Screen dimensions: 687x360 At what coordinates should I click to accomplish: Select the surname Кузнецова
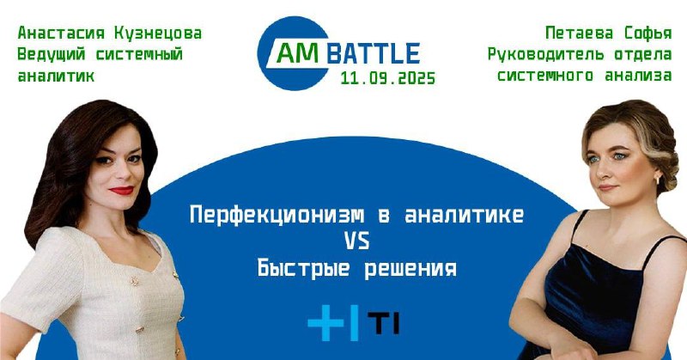158,34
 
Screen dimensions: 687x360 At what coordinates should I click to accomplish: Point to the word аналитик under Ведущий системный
56,76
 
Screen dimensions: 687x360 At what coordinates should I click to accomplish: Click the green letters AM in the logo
298,53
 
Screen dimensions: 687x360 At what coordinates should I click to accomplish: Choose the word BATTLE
374,53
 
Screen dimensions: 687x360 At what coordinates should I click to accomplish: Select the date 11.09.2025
388,78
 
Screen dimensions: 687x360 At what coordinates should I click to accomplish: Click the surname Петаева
579,34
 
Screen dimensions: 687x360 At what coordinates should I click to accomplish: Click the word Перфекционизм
277,216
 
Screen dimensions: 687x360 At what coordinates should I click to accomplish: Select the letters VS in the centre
357,241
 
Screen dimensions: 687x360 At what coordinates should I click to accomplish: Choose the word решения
410,269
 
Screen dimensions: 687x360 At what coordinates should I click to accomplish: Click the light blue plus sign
325,323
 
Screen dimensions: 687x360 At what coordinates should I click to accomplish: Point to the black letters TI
383,324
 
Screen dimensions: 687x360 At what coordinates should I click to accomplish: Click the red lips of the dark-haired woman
121,190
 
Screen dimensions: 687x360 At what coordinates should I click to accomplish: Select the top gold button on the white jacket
135,281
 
